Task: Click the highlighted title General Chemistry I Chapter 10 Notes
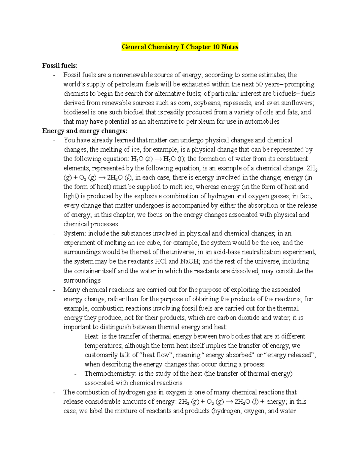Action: pyautogui.click(x=180, y=47)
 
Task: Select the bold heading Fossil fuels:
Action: pyautogui.click(x=60, y=65)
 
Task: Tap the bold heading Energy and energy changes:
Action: pyautogui.click(x=85, y=131)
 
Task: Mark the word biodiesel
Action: pyautogui.click(x=75, y=112)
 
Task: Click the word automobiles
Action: pyautogui.click(x=262, y=122)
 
